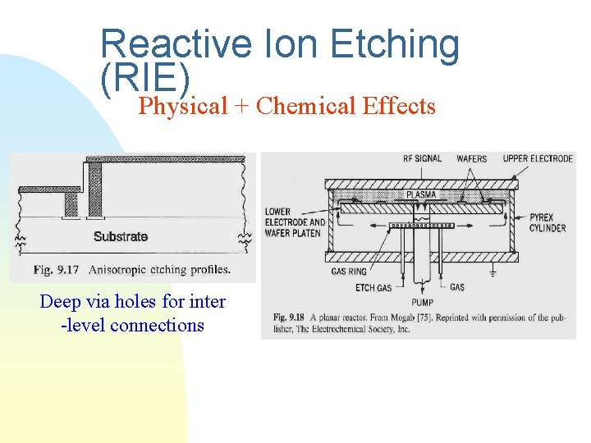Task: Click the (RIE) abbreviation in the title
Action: point(145,78)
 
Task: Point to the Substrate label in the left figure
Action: point(121,236)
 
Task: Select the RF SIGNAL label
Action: point(422,158)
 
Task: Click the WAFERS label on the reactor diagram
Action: point(471,158)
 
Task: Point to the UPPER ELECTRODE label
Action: point(538,158)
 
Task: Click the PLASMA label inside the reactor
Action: point(420,194)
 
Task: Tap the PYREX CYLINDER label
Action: point(547,222)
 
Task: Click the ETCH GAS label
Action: point(373,288)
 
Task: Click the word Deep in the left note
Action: point(60,302)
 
